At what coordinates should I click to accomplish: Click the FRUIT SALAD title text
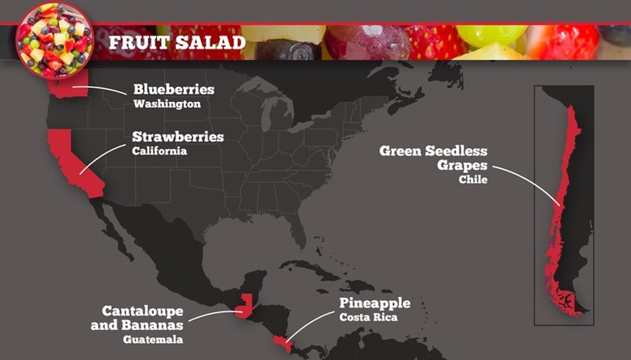click(x=176, y=41)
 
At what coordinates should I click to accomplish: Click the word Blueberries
click(x=173, y=89)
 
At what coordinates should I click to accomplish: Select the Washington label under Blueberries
click(x=167, y=104)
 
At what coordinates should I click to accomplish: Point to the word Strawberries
click(x=178, y=136)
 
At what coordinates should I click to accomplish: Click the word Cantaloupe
click(x=142, y=311)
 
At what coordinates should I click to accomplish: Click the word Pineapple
click(x=374, y=303)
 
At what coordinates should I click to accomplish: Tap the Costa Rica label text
click(x=368, y=318)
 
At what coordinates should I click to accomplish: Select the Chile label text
click(x=472, y=180)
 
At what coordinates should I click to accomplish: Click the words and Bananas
click(x=142, y=325)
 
